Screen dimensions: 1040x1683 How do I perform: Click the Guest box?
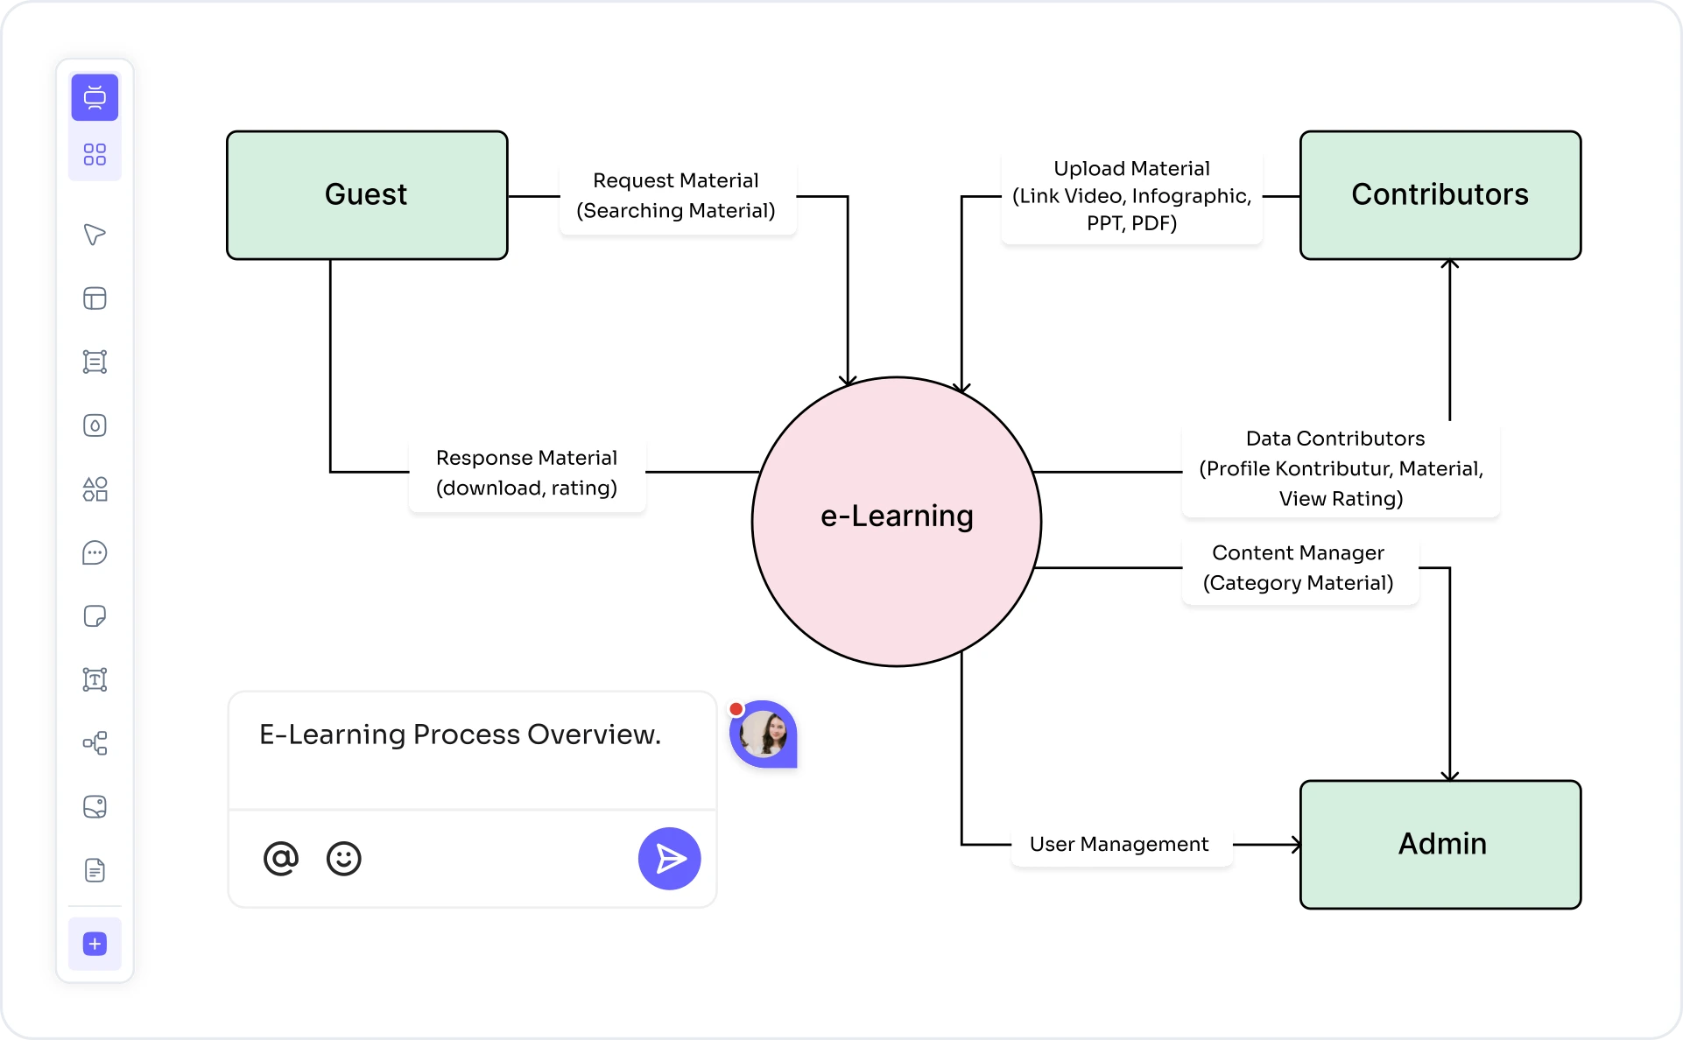pos(367,194)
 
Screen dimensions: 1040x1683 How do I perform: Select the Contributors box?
pos(1440,194)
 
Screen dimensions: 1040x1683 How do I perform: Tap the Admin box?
pos(1440,844)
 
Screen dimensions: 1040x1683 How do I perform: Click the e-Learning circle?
pos(896,522)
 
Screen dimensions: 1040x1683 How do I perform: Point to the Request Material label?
pos(676,195)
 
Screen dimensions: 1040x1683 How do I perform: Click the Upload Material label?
pos(1131,195)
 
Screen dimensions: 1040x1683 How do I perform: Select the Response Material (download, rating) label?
pos(526,473)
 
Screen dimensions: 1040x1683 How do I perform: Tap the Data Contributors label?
pos(1340,468)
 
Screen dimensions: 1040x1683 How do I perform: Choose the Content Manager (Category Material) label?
pos(1299,568)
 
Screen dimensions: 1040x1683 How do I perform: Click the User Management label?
pos(1119,844)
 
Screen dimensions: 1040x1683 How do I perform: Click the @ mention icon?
pos(280,859)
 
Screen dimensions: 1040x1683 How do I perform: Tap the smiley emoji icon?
pos(343,859)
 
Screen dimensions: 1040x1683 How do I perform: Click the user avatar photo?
pos(764,734)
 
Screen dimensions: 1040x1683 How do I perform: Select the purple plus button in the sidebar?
pos(95,944)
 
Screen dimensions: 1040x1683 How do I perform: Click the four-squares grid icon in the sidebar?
pos(95,155)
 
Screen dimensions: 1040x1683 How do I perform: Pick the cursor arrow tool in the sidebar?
pos(95,235)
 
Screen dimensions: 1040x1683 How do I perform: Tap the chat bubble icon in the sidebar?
pos(95,553)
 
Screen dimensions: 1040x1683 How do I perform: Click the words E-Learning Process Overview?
pos(460,734)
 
